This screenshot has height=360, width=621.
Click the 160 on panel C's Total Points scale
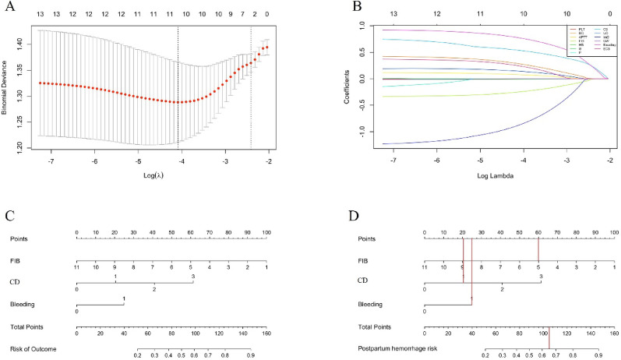(x=266, y=333)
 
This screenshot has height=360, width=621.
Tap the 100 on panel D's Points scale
(x=614, y=232)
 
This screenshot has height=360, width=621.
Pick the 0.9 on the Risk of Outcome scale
(x=250, y=355)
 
